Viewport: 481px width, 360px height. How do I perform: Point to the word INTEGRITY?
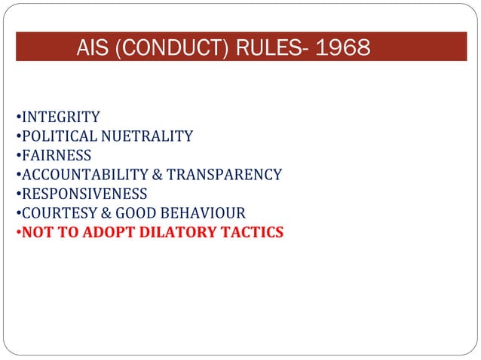(x=60, y=117)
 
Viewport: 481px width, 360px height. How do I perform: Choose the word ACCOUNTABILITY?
(x=84, y=175)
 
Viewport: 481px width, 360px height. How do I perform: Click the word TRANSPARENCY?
(x=224, y=175)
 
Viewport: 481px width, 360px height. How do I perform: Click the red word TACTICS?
(x=256, y=233)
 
